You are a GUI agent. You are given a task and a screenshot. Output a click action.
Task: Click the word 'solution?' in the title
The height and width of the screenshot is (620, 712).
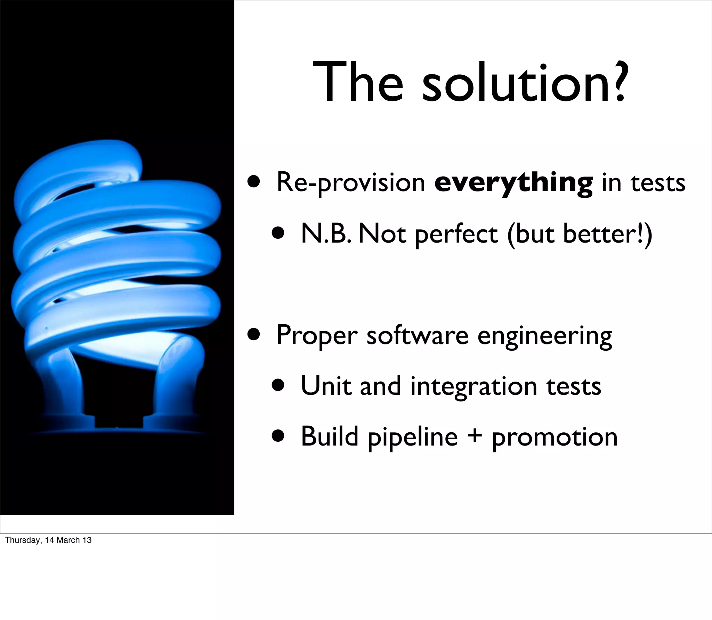(x=525, y=83)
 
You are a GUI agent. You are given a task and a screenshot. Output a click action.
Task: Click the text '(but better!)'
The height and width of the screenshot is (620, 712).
(x=580, y=234)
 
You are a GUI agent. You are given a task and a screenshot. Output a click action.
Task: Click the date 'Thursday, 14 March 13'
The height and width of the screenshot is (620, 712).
(x=48, y=540)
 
